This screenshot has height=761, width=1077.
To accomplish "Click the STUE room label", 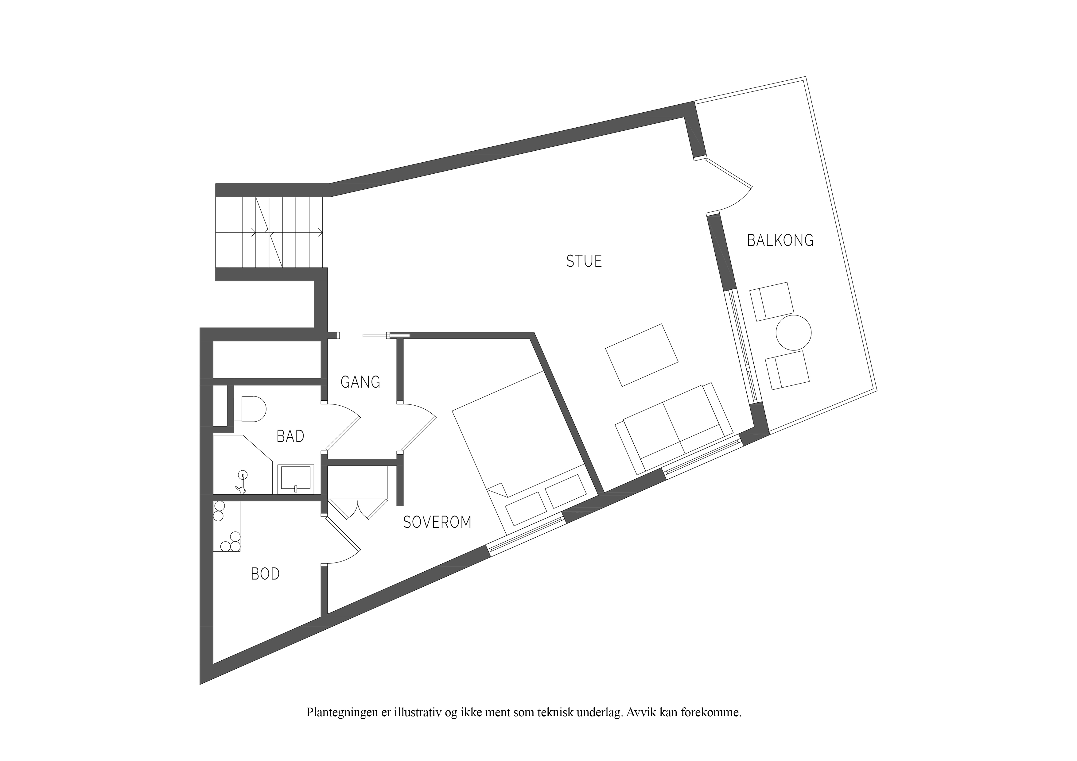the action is tap(584, 261).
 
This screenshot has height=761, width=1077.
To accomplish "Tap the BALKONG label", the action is tap(780, 241).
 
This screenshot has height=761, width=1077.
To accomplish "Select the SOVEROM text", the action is tap(437, 522).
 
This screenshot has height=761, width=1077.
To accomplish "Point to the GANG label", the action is tap(360, 382).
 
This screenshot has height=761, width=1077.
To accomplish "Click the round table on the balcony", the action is tap(794, 332).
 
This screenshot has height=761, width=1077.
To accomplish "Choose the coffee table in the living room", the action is tap(642, 355).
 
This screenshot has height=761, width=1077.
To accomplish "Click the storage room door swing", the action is tap(342, 539).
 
